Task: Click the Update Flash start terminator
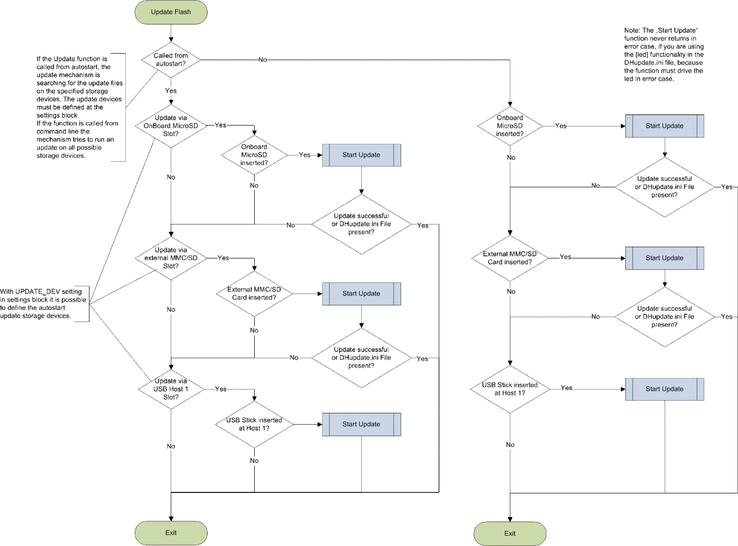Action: (x=171, y=12)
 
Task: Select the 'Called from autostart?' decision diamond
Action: (x=171, y=59)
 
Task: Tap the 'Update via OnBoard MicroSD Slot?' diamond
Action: (x=171, y=126)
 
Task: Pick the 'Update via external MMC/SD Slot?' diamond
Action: (x=171, y=258)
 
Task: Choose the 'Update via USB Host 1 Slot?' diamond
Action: (x=171, y=389)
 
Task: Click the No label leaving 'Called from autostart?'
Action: (x=263, y=59)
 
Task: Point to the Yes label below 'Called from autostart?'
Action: (x=171, y=91)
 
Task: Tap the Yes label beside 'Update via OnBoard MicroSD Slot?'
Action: (x=220, y=125)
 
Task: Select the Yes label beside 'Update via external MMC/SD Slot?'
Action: (x=223, y=258)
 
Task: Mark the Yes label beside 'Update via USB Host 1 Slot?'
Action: (x=220, y=389)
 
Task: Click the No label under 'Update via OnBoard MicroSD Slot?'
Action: (x=171, y=177)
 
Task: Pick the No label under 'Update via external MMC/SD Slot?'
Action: (x=171, y=309)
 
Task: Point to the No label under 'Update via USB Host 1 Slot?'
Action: (x=171, y=447)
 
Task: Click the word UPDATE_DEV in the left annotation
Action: (x=38, y=292)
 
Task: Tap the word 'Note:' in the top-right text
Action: (x=632, y=30)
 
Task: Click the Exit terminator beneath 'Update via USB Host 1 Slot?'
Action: (x=171, y=533)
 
